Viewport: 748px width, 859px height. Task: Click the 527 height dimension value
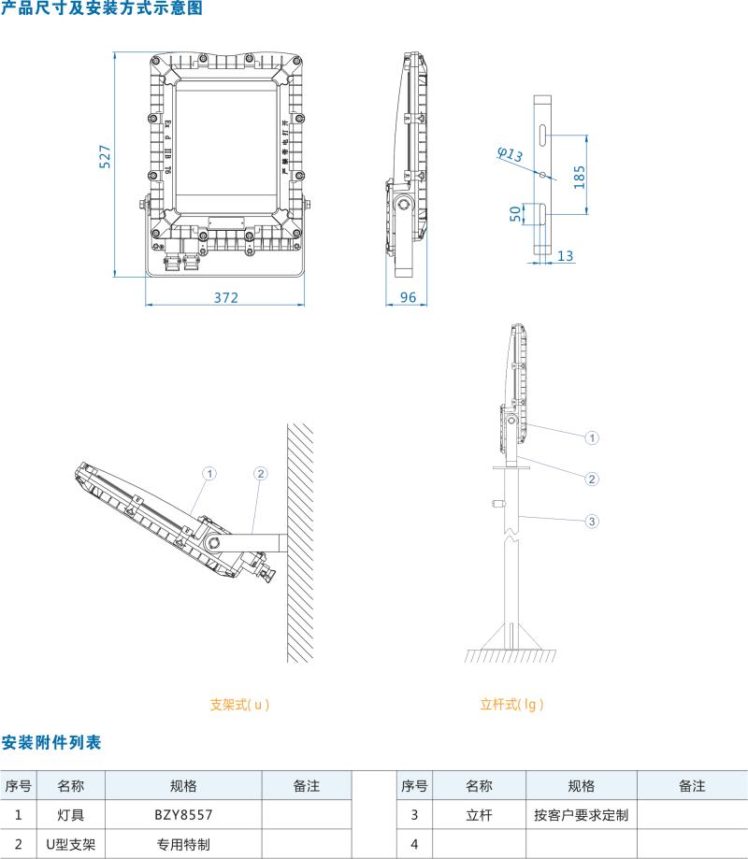point(106,156)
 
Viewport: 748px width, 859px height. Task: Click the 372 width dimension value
point(226,297)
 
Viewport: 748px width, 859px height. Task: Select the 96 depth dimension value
point(408,297)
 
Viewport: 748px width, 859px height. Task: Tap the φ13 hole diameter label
point(510,155)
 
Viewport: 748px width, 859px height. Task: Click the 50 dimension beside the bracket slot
point(515,213)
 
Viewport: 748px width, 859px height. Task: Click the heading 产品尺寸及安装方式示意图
point(101,9)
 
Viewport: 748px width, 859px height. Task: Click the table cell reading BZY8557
point(183,815)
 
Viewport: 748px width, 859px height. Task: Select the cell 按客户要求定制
point(582,815)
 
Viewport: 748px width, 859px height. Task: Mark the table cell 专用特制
point(183,844)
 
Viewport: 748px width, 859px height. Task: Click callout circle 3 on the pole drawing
point(591,521)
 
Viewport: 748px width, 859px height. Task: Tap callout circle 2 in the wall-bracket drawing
point(261,474)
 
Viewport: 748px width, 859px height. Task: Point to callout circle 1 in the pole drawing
point(591,437)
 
